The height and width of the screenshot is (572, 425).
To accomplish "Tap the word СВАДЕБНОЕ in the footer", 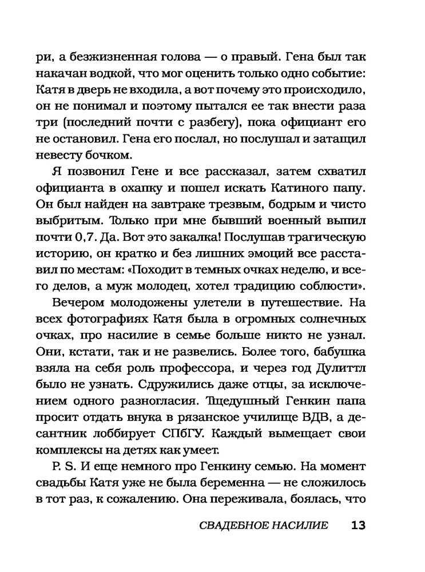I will tap(231, 525).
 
